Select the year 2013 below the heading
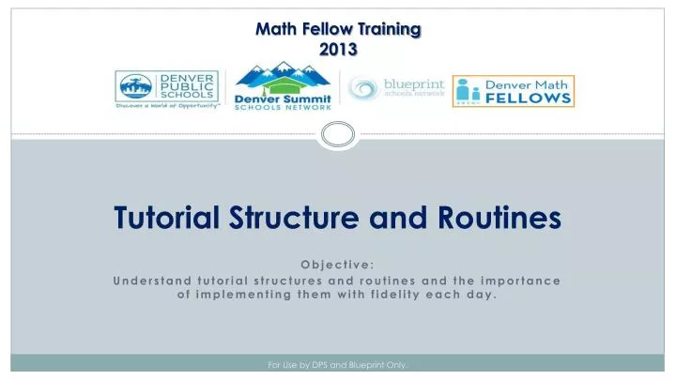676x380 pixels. [338, 50]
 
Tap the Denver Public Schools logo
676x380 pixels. [167, 91]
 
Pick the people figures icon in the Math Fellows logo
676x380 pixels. [469, 91]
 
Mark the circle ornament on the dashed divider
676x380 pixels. [338, 134]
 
